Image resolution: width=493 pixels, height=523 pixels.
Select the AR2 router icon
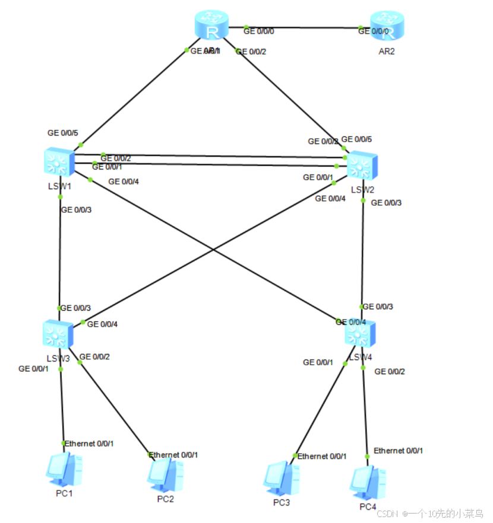pos(386,27)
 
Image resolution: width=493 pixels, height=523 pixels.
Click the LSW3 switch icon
pos(58,335)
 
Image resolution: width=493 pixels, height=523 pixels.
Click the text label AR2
pos(386,51)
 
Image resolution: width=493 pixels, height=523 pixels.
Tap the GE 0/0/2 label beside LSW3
pos(94,356)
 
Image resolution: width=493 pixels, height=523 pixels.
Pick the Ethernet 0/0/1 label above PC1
pos(89,444)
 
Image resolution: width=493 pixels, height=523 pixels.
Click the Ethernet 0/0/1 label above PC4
pos(399,451)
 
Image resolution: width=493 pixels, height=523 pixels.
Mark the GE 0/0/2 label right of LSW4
pos(390,371)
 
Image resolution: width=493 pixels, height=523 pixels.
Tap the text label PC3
pos(282,503)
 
